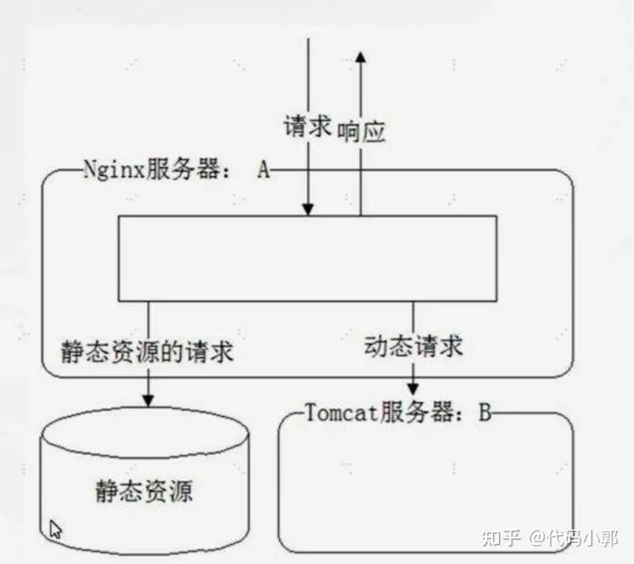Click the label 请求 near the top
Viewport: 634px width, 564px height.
(x=307, y=126)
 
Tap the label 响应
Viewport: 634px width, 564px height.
(x=361, y=130)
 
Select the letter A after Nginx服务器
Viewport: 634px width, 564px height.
(x=262, y=170)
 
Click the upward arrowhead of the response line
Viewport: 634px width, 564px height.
(x=361, y=56)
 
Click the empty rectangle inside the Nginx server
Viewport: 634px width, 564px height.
(x=307, y=257)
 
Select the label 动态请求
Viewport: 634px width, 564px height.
(x=413, y=346)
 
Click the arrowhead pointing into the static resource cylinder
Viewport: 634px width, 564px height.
(x=147, y=400)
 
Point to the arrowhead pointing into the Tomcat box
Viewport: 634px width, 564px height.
(x=413, y=388)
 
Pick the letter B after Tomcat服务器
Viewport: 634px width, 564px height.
(x=484, y=413)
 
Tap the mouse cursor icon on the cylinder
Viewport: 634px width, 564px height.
(x=55, y=529)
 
